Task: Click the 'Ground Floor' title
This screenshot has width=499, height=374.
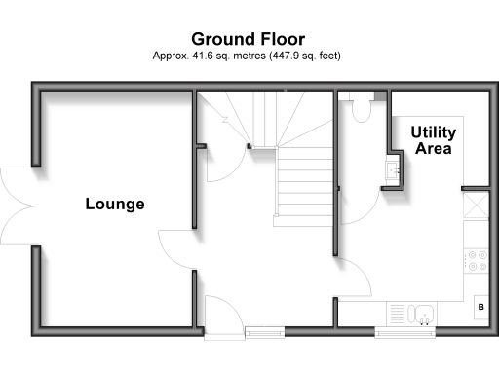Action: [x=248, y=39]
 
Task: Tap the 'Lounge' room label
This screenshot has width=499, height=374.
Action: [x=115, y=205]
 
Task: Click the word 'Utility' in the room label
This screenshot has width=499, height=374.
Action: [x=434, y=131]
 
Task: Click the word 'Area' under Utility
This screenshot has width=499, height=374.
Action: [x=434, y=149]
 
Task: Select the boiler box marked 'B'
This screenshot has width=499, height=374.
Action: [x=480, y=308]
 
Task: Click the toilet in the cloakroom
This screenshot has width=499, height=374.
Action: [x=363, y=109]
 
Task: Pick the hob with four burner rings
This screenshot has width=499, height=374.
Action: [x=477, y=260]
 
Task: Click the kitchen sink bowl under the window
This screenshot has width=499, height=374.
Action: [x=423, y=313]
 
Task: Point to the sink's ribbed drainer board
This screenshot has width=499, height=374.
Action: [x=400, y=313]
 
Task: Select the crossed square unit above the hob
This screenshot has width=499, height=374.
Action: [x=477, y=206]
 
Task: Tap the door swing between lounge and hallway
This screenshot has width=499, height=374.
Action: [x=177, y=250]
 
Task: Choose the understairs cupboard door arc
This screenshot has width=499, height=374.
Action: [x=222, y=164]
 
